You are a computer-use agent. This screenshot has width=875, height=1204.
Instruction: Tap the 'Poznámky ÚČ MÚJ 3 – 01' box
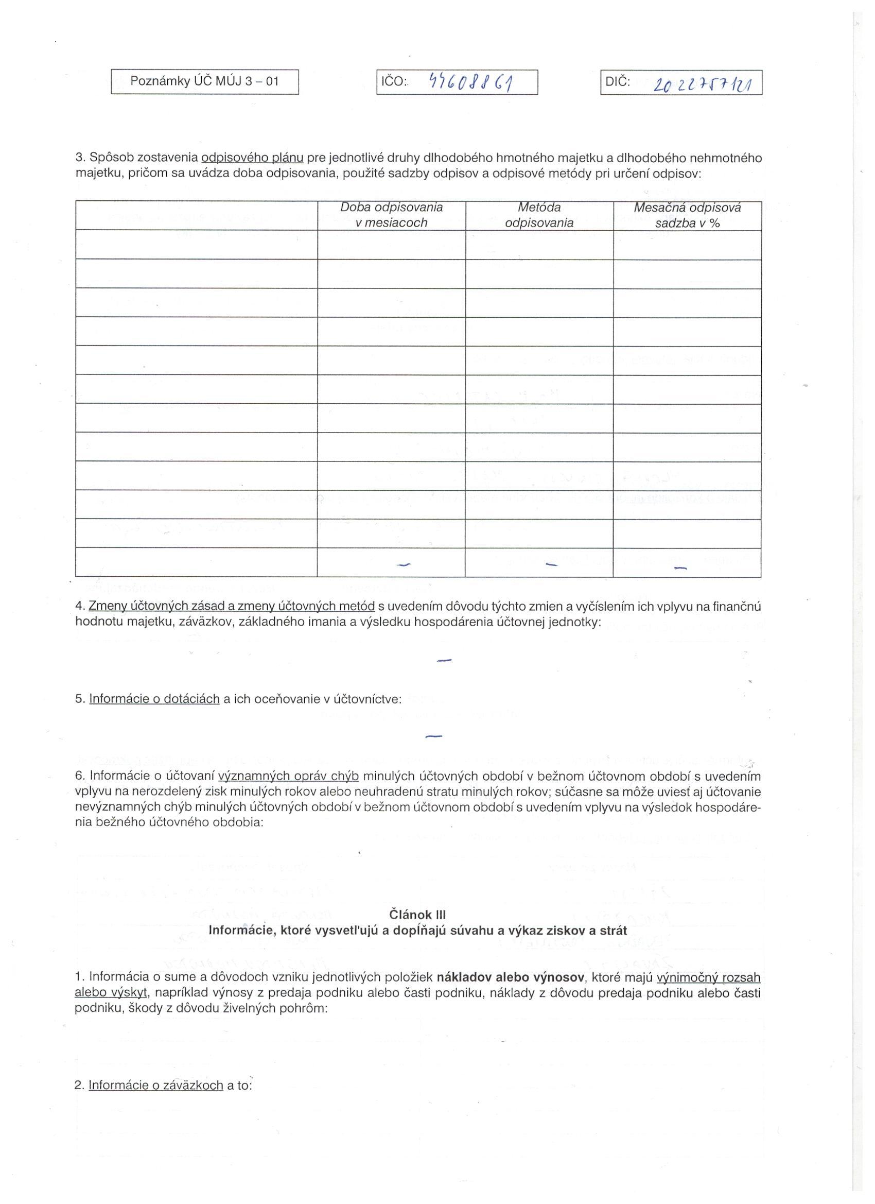tap(204, 82)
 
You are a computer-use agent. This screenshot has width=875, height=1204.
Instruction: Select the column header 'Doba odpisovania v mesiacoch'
tap(391, 215)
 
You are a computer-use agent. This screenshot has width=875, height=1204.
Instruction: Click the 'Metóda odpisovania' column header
tap(539, 215)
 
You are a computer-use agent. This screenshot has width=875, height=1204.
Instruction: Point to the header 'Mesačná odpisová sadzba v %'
tap(687, 215)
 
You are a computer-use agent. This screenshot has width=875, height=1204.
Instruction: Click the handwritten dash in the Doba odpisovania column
tap(404, 565)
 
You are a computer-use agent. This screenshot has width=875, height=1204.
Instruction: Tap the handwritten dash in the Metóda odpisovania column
tap(552, 564)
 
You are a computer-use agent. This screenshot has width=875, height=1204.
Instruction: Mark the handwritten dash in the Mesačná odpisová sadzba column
tap(680, 568)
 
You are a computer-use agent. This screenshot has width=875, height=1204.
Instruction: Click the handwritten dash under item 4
tap(444, 660)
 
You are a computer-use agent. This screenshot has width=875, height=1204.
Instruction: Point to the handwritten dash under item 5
tap(433, 736)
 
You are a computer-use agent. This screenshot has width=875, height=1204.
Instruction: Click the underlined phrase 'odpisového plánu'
tap(252, 158)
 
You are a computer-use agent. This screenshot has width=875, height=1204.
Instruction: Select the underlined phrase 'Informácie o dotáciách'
tap(154, 699)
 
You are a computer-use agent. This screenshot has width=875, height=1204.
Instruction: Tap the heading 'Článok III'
tap(417, 915)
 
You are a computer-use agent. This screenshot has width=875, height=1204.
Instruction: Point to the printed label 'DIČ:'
tap(618, 81)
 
